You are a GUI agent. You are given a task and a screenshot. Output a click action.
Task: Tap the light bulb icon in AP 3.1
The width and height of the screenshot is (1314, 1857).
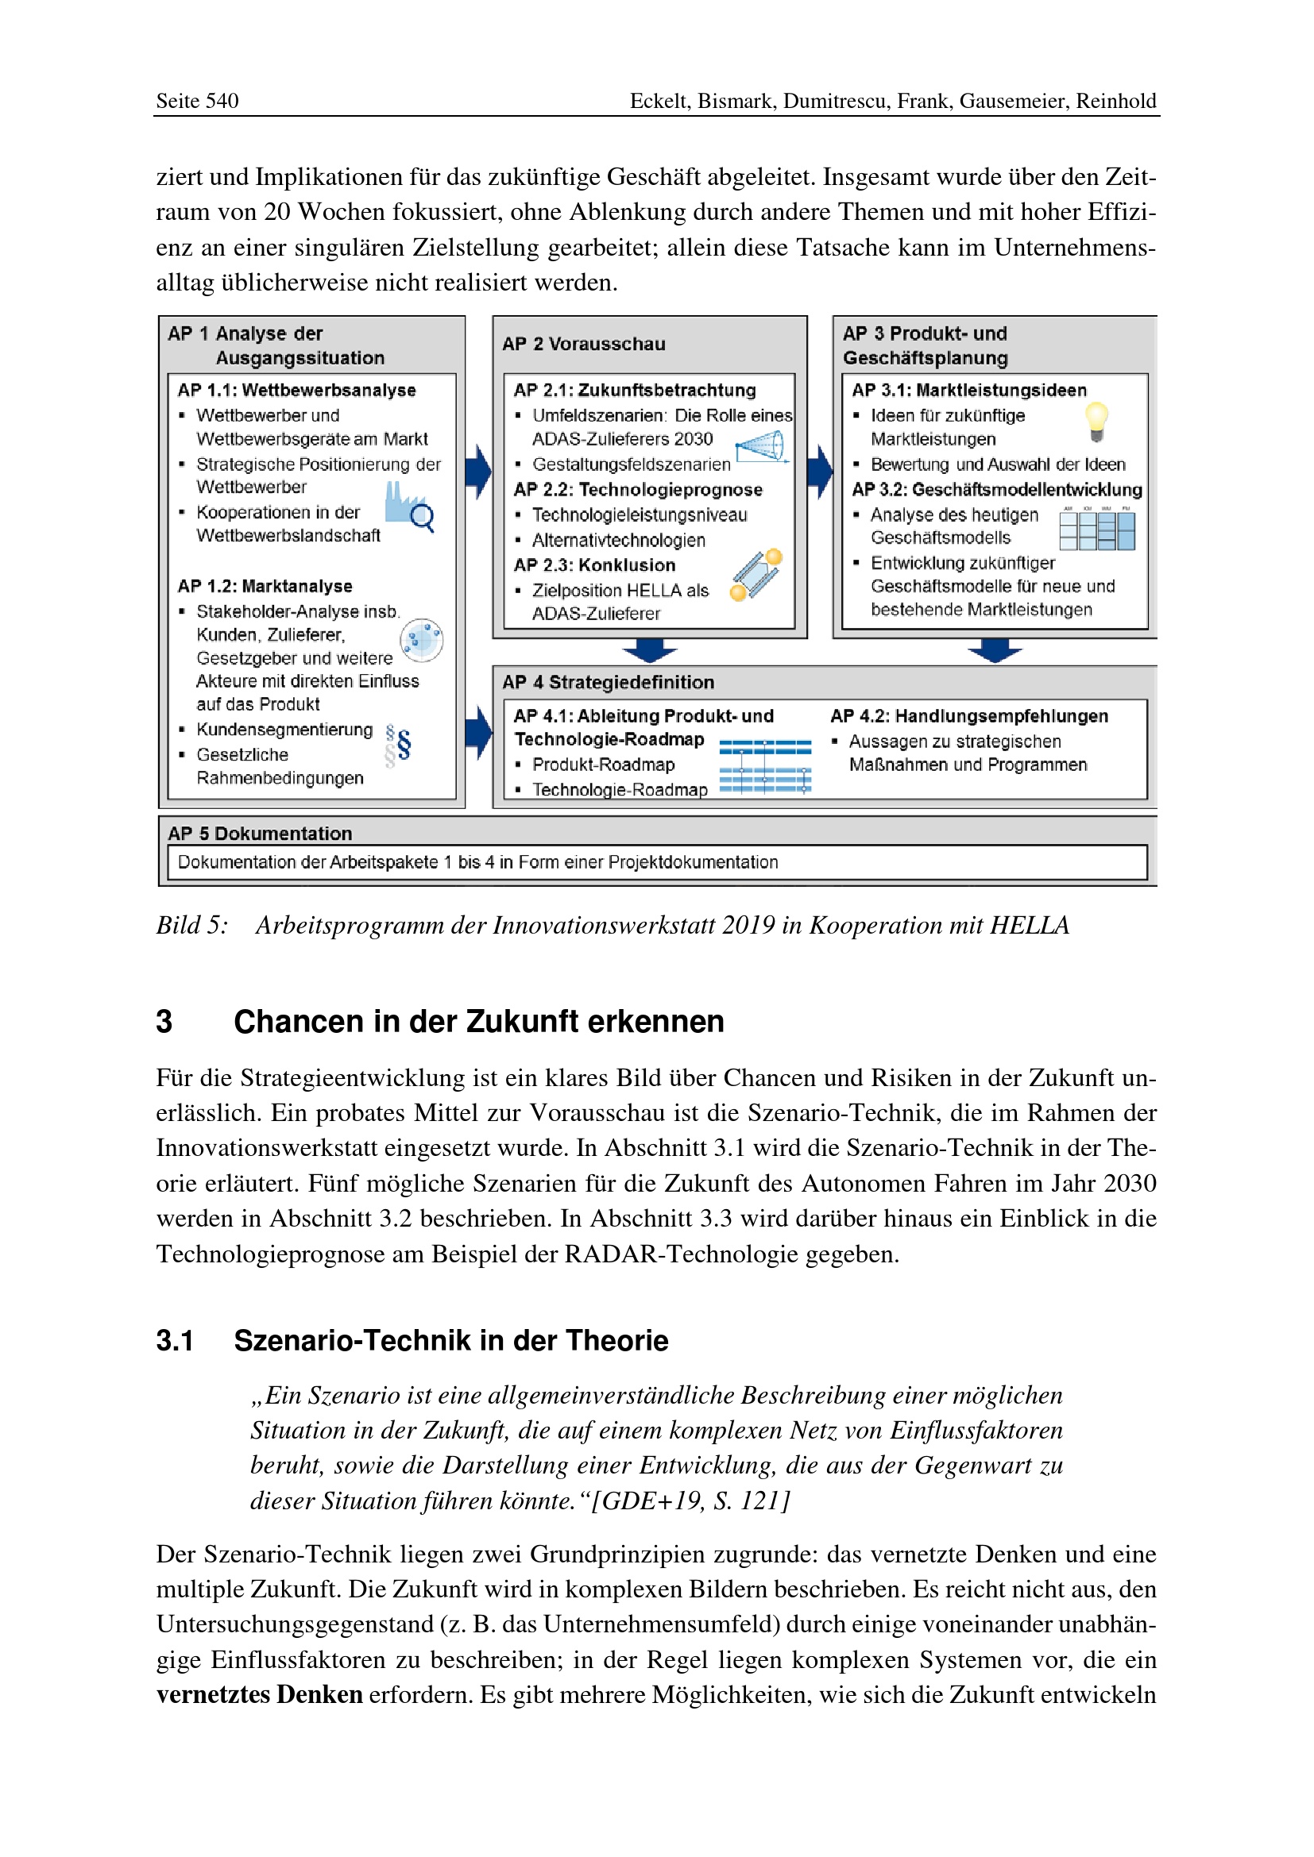click(1096, 422)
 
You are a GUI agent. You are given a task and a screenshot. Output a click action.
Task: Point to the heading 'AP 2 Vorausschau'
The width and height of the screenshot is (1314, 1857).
click(583, 344)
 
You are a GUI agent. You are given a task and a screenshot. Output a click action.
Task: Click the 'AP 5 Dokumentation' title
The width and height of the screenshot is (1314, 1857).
click(260, 833)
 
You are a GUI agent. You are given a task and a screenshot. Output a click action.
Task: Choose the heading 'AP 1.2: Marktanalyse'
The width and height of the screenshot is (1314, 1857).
click(265, 586)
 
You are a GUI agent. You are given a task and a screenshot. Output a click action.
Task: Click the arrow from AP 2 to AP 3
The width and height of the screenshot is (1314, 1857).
click(821, 471)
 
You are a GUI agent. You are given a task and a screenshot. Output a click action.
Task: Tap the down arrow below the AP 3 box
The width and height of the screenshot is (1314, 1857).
click(995, 650)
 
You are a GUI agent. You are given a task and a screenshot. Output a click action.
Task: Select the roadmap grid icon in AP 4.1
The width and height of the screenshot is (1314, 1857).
click(764, 766)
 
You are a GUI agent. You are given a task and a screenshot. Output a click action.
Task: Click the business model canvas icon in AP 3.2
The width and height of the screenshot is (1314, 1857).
click(1097, 529)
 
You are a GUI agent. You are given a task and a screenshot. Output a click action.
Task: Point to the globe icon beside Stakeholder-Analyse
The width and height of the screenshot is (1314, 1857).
click(422, 641)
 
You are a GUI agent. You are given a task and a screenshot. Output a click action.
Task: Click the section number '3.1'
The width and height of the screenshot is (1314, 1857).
click(174, 1341)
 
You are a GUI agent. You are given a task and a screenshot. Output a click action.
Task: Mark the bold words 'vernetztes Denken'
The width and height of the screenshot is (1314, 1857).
click(259, 1694)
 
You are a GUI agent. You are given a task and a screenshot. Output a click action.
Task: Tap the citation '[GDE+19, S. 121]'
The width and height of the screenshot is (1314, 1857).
click(690, 1501)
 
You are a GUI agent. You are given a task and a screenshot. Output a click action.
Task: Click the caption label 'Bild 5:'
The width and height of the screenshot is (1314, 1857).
click(191, 925)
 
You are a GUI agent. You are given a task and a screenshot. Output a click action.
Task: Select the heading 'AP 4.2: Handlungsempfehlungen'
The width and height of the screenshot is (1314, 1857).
click(968, 716)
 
